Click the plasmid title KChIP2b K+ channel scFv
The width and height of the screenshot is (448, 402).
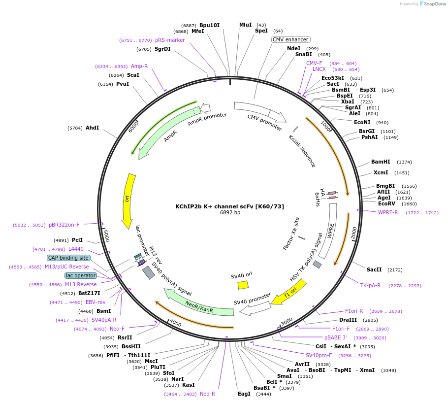[229, 206]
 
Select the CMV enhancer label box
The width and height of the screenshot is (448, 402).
[290, 39]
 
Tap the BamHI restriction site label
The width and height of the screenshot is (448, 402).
[381, 162]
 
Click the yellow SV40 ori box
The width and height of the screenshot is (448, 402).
[243, 285]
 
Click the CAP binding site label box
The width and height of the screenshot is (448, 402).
[68, 258]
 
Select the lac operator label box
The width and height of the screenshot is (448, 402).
[81, 275]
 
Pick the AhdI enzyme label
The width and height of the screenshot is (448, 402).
[92, 128]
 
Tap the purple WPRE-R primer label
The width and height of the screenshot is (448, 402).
[388, 212]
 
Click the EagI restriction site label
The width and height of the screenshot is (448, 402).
[244, 394]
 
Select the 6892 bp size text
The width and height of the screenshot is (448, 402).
[230, 213]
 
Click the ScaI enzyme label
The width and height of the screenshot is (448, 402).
[133, 75]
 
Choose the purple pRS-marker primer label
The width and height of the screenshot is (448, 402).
[170, 40]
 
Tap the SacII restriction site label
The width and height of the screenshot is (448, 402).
[374, 269]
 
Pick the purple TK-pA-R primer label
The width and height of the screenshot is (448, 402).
[370, 285]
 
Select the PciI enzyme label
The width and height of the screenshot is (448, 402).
[77, 240]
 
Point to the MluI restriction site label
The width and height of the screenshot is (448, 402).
[245, 25]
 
